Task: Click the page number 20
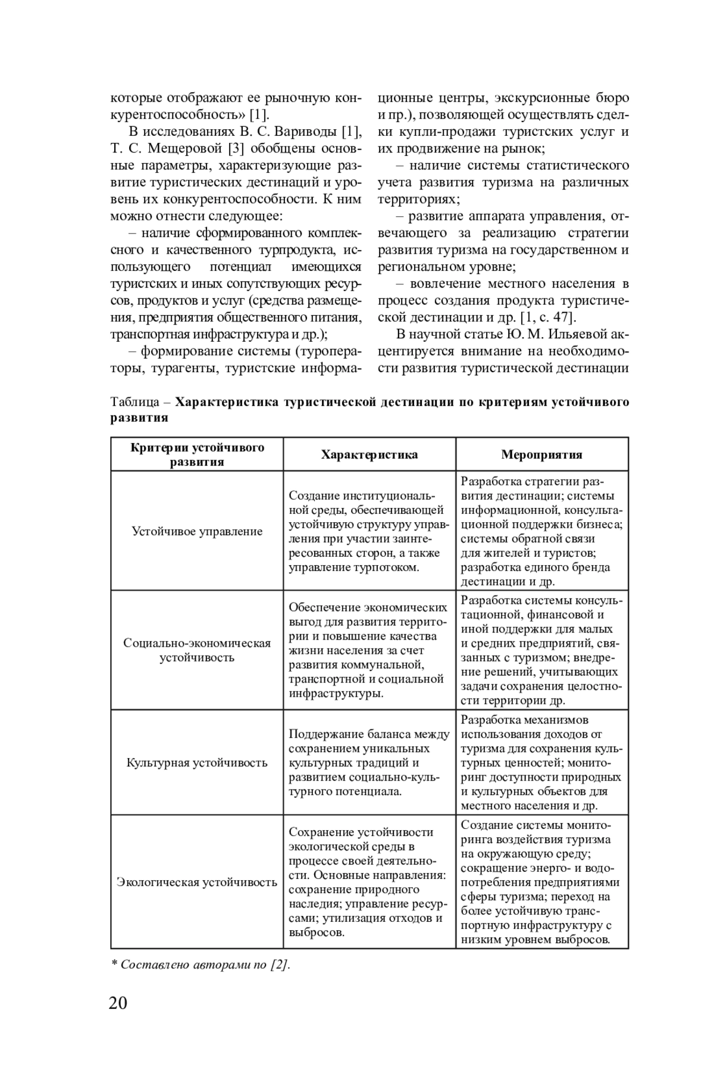coord(118,1003)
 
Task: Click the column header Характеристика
coord(369,454)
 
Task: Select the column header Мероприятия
coord(541,454)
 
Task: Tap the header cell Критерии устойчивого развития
coord(197,454)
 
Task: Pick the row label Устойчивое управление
coord(197,531)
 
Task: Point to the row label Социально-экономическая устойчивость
coord(197,650)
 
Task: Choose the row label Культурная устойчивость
coord(197,762)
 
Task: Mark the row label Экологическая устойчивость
coord(197,882)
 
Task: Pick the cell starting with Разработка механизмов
coord(541,762)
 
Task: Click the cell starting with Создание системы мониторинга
coord(541,882)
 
